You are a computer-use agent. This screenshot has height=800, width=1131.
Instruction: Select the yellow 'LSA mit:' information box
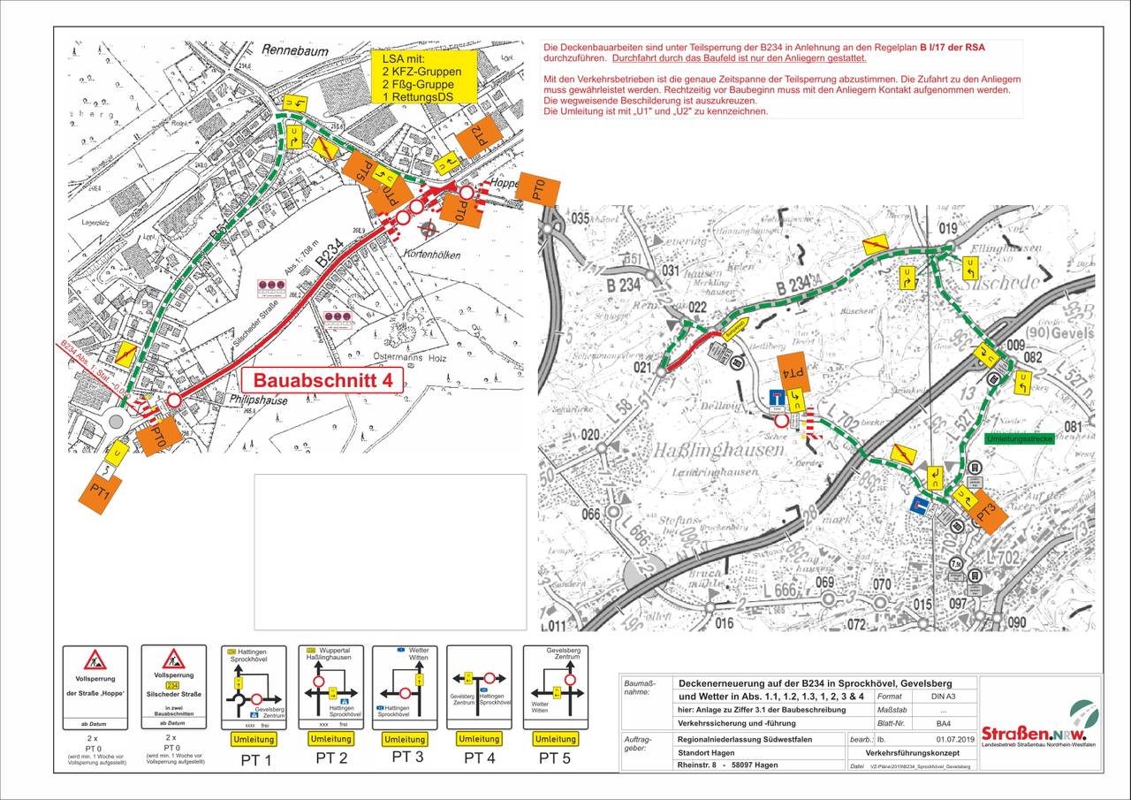[x=422, y=76]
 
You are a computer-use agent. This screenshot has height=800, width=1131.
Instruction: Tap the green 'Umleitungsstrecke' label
[x=1017, y=438]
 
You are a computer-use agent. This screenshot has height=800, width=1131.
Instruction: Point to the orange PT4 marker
[x=793, y=373]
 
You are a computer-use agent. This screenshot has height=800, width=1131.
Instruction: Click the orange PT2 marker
[x=477, y=136]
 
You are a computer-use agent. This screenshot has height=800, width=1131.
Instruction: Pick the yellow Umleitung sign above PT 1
[x=253, y=739]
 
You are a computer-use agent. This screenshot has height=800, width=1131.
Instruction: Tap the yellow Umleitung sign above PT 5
[x=556, y=739]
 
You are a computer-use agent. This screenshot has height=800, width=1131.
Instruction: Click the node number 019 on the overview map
[x=947, y=229]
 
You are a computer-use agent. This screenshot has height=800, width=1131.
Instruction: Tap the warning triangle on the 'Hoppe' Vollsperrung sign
[x=95, y=659]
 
